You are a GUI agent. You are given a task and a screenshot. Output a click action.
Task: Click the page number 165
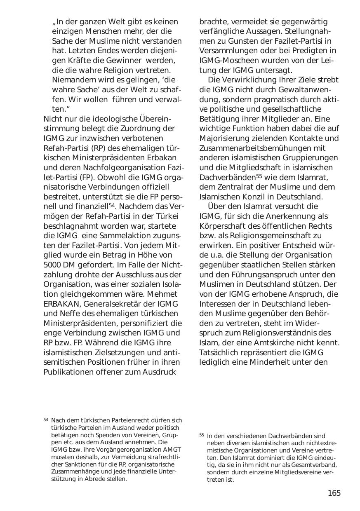334,493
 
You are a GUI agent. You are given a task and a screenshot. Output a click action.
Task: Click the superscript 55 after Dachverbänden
259,176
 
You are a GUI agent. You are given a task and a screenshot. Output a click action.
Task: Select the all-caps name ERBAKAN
60,304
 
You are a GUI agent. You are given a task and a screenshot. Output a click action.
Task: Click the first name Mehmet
163,294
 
